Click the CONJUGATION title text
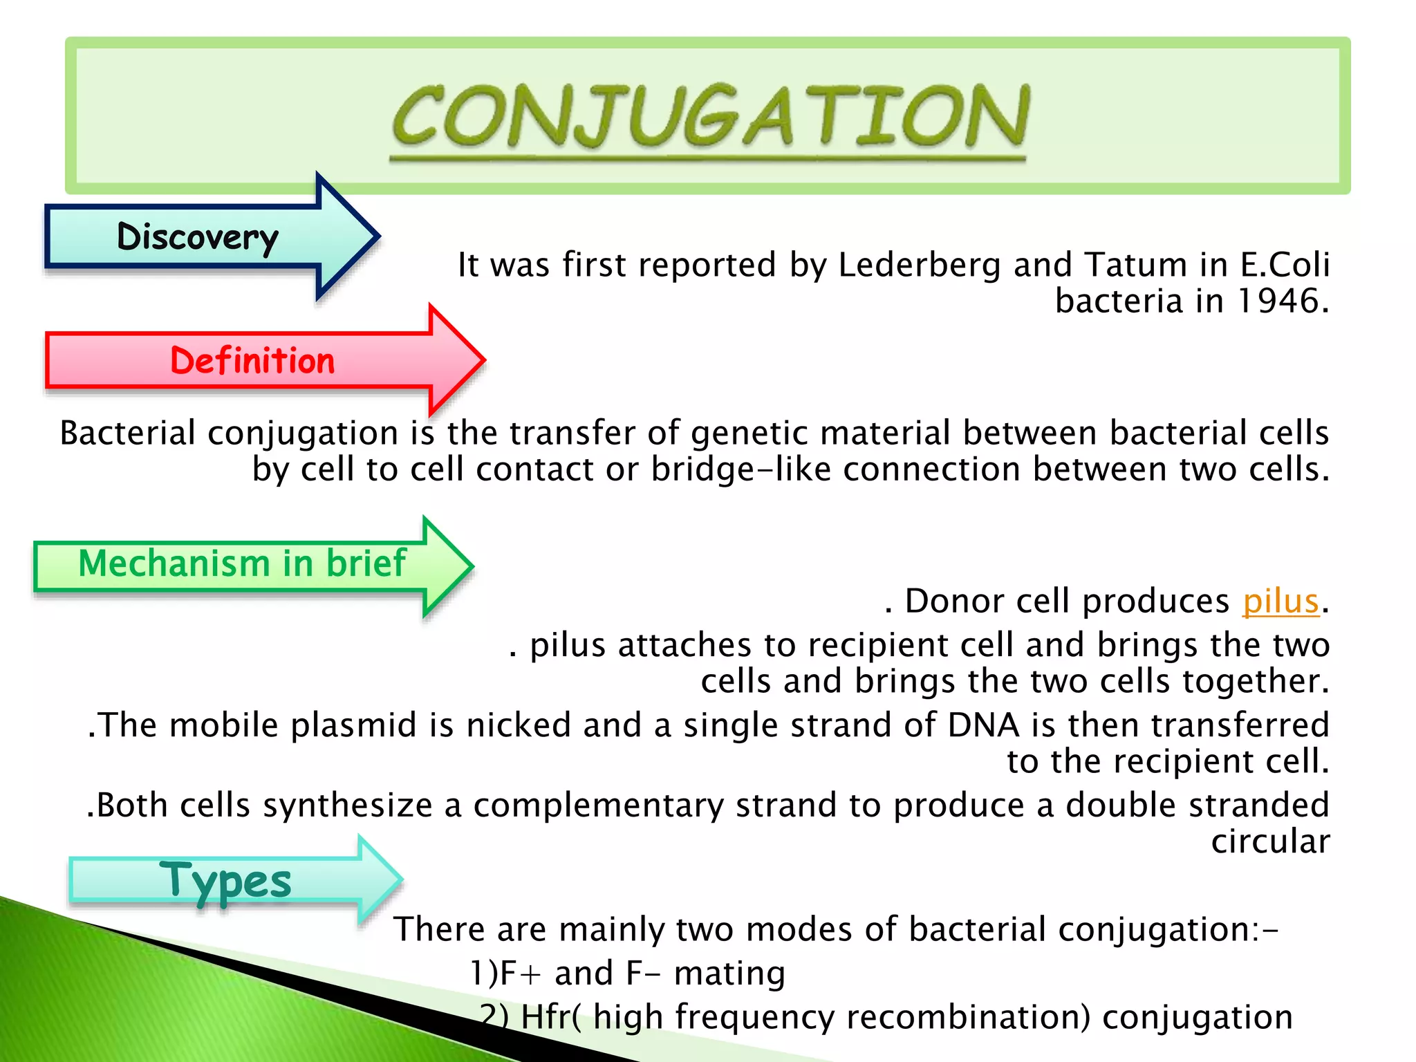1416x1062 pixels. pos(710,118)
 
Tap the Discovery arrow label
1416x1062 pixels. pos(198,237)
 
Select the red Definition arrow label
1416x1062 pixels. pos(252,361)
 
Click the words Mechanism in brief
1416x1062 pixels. pos(242,563)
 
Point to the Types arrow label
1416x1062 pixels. pos(225,882)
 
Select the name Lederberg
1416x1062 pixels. pos(919,265)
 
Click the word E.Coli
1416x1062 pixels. pos(1285,265)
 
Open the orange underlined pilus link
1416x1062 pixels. pos(1281,601)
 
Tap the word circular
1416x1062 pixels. pos(1270,842)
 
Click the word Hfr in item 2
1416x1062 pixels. pos(546,1017)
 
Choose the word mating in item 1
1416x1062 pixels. pos(729,973)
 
